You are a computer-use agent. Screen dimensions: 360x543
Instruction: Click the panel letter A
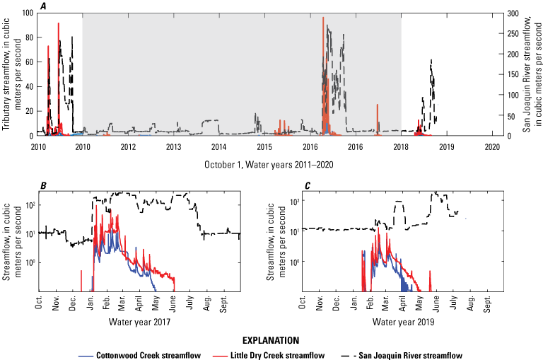click(44, 6)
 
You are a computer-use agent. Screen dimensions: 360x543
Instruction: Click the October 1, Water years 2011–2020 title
click(271, 164)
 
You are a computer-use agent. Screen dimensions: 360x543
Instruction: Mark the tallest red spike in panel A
click(323, 18)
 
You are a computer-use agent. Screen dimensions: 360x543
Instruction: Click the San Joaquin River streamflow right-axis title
click(530, 71)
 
